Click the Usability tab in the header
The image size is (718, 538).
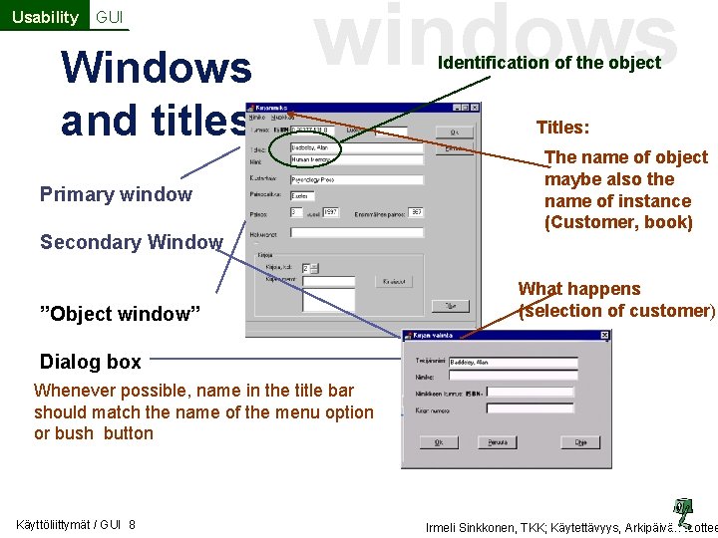coord(44,17)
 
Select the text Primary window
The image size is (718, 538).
coord(116,194)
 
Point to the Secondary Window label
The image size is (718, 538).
coord(131,242)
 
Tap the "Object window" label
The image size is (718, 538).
coord(120,314)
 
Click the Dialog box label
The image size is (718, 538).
coord(90,362)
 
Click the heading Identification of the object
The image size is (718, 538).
coord(549,63)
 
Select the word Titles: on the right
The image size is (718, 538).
coord(562,128)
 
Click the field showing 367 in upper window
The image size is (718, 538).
coord(416,212)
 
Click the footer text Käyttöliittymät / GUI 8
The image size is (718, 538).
coord(77,525)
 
